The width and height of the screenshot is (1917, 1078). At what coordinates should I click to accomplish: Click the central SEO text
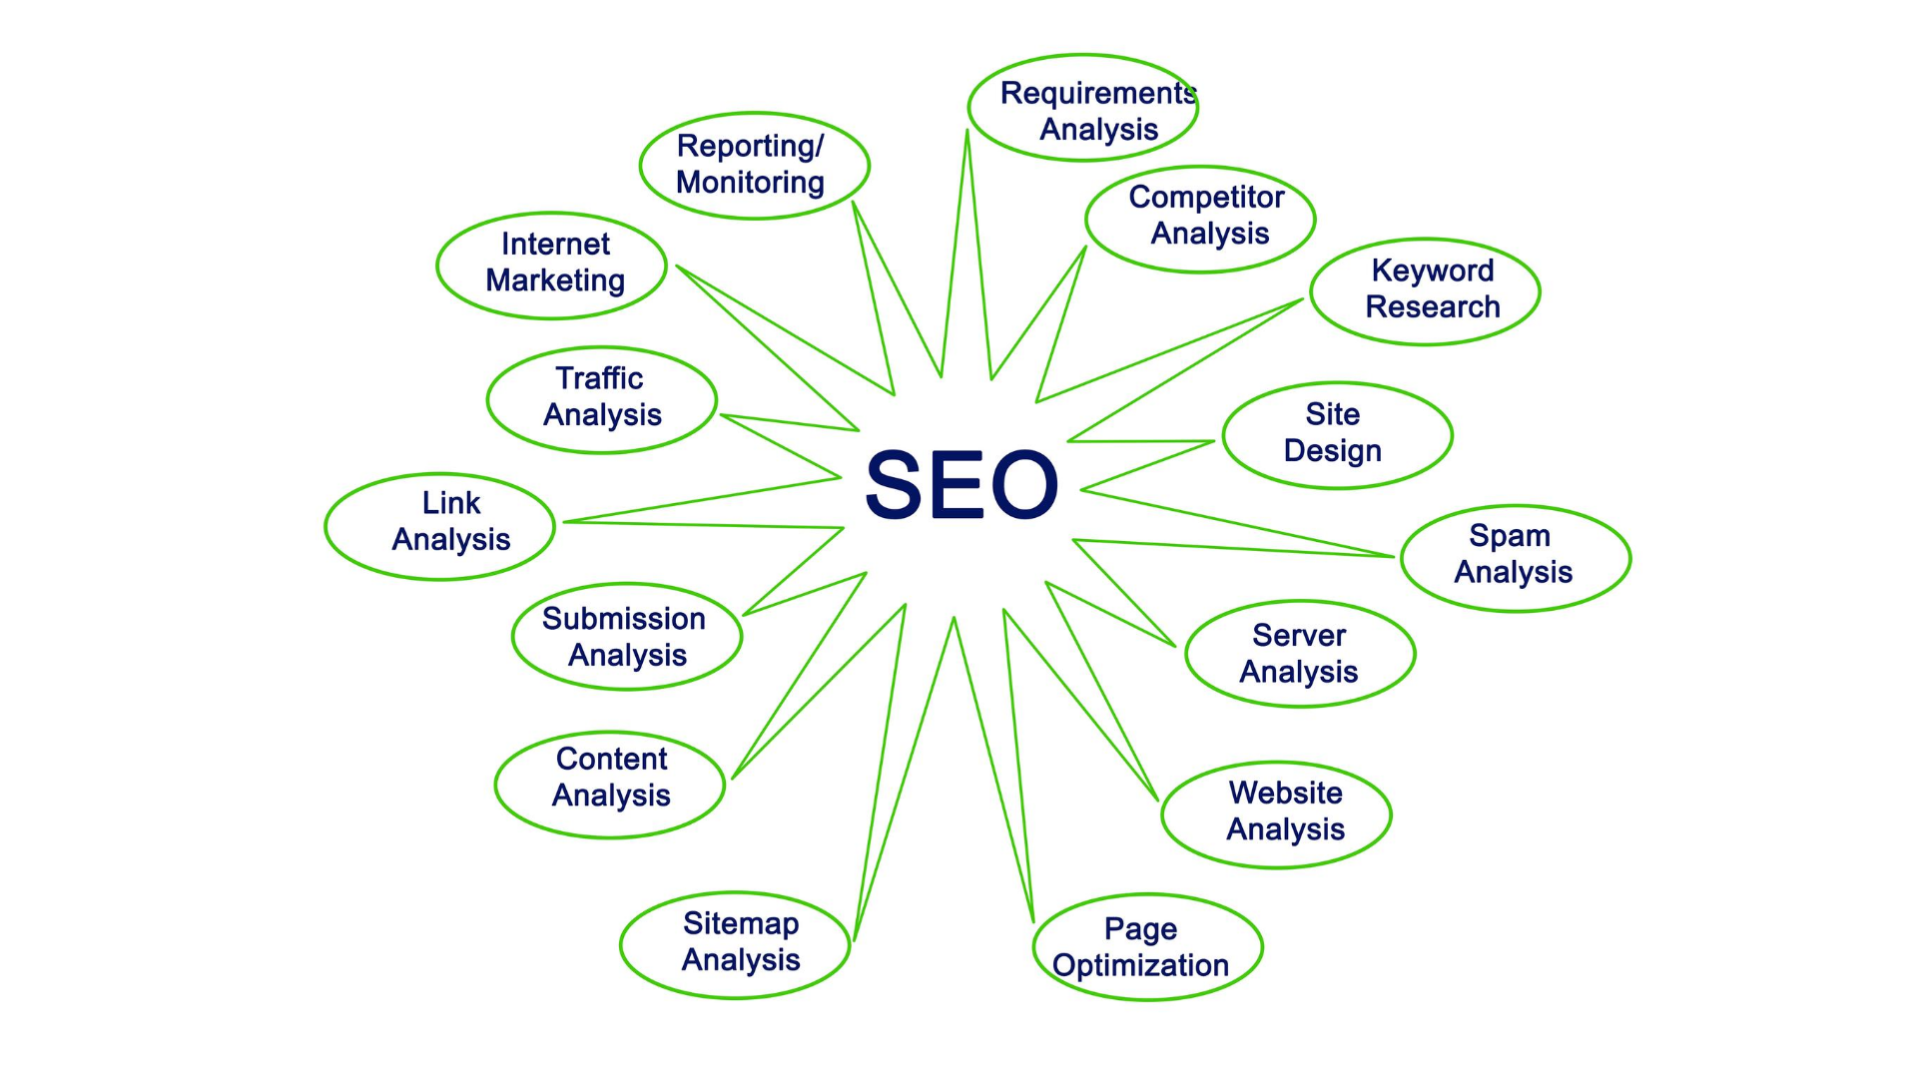[960, 485]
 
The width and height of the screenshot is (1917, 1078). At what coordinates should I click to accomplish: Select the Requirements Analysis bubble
[1083, 109]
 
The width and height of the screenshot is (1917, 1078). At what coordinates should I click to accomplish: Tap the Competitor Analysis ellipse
[1200, 219]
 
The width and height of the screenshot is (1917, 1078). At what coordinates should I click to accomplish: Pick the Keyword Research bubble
[1426, 291]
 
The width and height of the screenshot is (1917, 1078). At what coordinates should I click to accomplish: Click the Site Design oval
[1337, 435]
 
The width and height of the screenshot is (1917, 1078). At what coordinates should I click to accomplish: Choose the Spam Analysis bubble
[1516, 558]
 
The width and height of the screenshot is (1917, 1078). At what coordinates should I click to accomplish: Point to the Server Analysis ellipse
[1300, 654]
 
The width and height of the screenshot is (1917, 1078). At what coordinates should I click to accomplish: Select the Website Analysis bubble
[1276, 814]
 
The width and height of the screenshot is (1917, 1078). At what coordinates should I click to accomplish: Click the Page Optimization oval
[1148, 947]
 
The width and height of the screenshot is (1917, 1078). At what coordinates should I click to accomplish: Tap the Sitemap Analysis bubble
[735, 944]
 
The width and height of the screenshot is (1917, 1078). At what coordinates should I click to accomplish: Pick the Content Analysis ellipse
[610, 785]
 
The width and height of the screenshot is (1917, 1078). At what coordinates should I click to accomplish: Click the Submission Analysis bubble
[627, 637]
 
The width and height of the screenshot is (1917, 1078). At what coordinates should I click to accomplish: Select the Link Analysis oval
[440, 526]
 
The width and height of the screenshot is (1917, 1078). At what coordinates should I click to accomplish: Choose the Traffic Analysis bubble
[602, 400]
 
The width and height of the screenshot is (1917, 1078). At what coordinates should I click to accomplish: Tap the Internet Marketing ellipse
[552, 266]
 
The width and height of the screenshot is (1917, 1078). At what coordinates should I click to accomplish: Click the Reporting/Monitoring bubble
[755, 166]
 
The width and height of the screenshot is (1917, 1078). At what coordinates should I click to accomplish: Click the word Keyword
[1433, 270]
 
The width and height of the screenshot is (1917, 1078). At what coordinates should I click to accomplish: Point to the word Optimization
[1140, 965]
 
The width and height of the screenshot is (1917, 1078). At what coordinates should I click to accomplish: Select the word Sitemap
[741, 924]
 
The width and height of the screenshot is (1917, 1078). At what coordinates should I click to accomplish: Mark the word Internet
[555, 245]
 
